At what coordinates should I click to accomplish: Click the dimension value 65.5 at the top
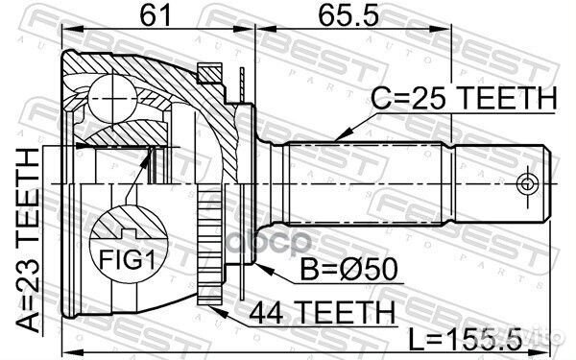click(341, 17)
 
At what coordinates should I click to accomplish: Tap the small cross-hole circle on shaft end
click(525, 181)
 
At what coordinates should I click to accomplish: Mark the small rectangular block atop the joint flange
click(208, 70)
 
